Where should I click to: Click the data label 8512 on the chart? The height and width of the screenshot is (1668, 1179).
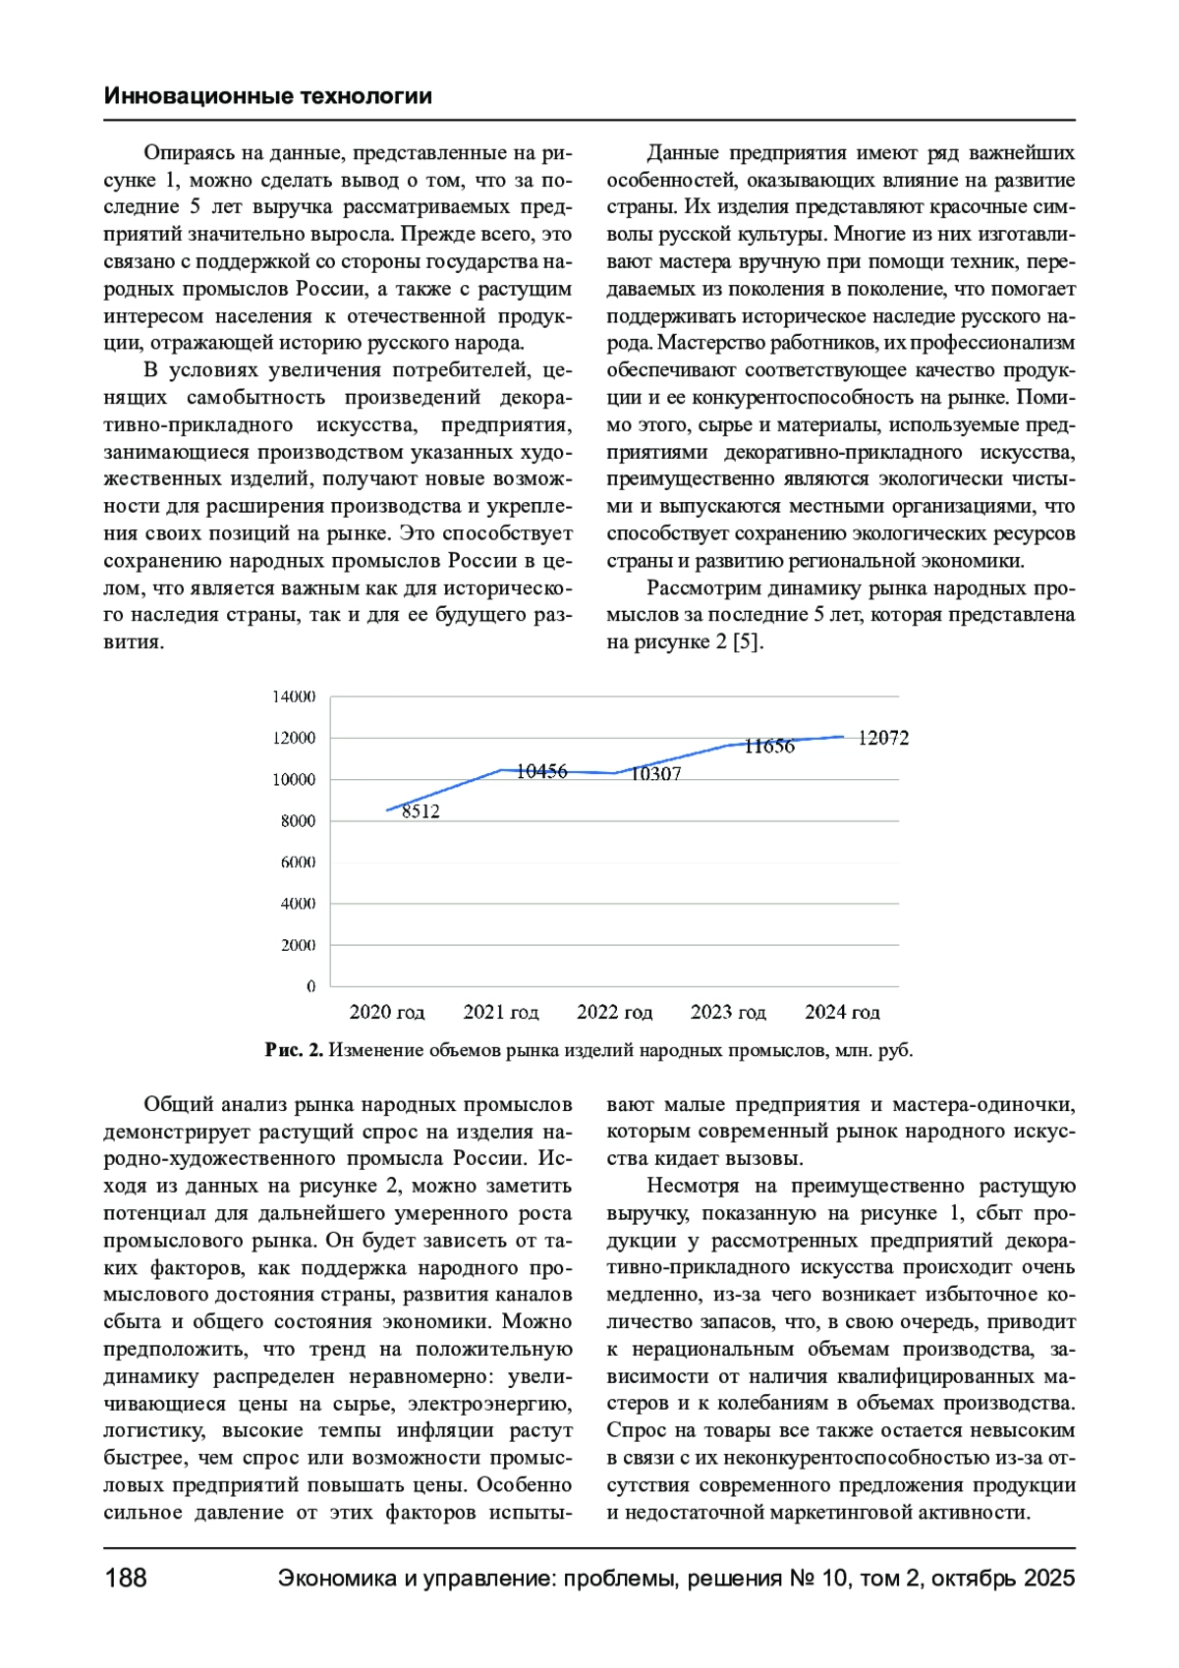pos(421,811)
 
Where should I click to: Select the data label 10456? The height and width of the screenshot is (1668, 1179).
pos(541,772)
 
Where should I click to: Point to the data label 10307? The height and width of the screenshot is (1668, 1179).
pos(655,774)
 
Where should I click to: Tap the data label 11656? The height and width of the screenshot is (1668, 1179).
pos(769,747)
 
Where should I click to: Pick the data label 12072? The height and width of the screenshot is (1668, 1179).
pos(883,738)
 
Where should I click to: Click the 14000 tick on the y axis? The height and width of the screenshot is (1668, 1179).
pos(294,696)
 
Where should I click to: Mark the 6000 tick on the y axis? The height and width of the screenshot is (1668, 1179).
pos(298,862)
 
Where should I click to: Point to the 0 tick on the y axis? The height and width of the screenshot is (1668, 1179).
pos(311,986)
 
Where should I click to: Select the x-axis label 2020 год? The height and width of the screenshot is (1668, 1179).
pos(387,1013)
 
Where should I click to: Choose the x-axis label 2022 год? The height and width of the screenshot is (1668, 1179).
pos(614,1013)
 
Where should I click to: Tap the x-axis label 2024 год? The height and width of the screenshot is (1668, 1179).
pos(842,1013)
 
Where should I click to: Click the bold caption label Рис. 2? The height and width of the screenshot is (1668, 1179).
pos(294,1050)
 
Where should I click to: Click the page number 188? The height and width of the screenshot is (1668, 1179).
pos(125,1579)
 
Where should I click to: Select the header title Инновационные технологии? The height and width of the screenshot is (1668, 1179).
pos(267,96)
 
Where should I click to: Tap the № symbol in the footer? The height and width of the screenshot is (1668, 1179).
pos(799,1579)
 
